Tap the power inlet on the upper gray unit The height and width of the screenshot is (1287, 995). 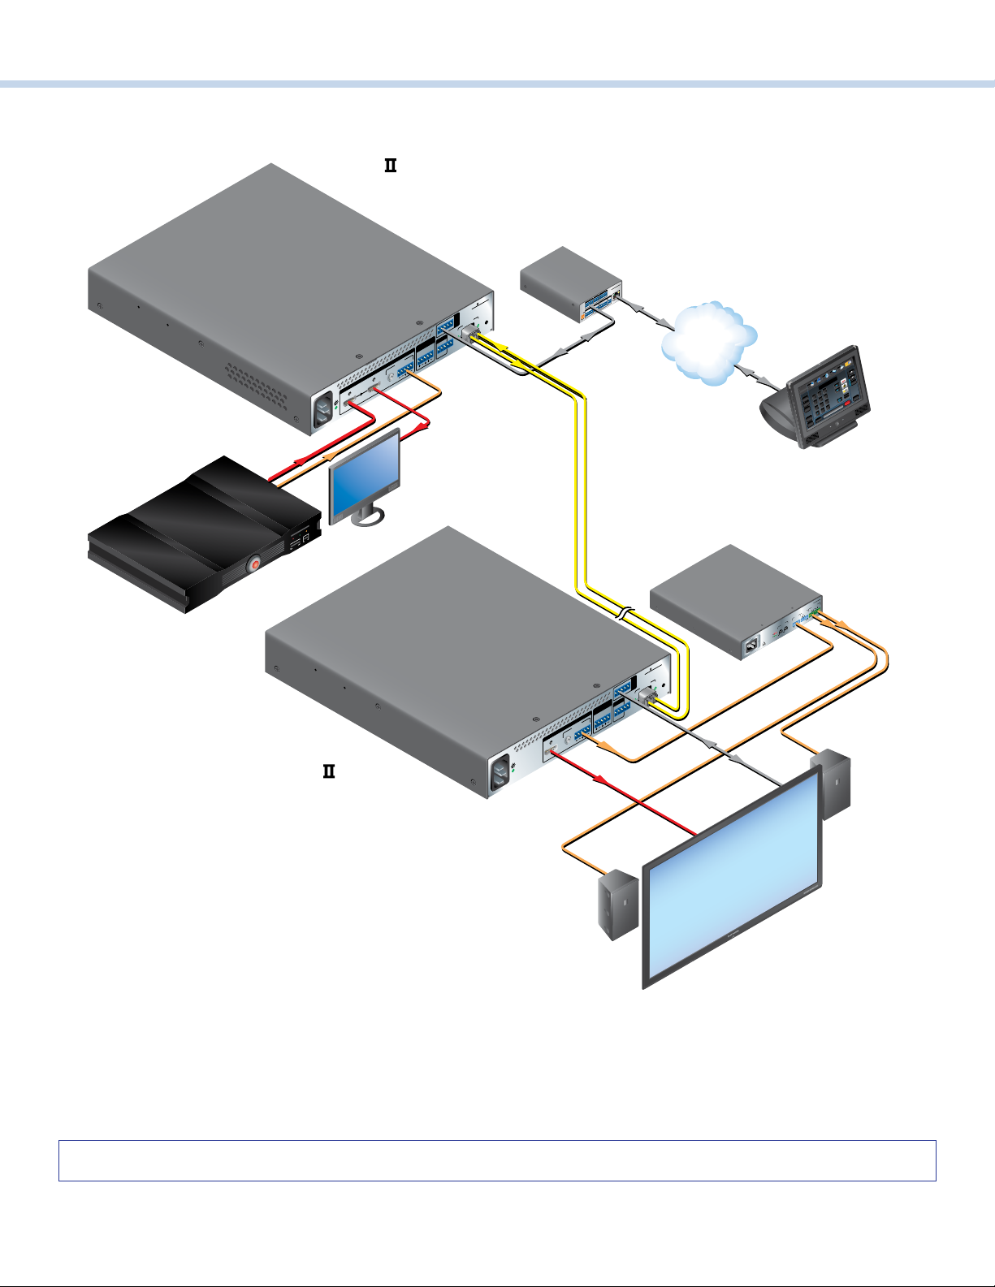[323, 414]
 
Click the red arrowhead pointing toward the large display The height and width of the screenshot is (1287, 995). [601, 780]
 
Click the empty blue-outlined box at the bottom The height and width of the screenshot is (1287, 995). [497, 1160]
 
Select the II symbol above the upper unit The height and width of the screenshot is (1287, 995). [390, 166]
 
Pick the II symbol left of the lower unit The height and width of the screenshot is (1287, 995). [329, 771]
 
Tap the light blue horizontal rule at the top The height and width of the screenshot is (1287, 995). [497, 84]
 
